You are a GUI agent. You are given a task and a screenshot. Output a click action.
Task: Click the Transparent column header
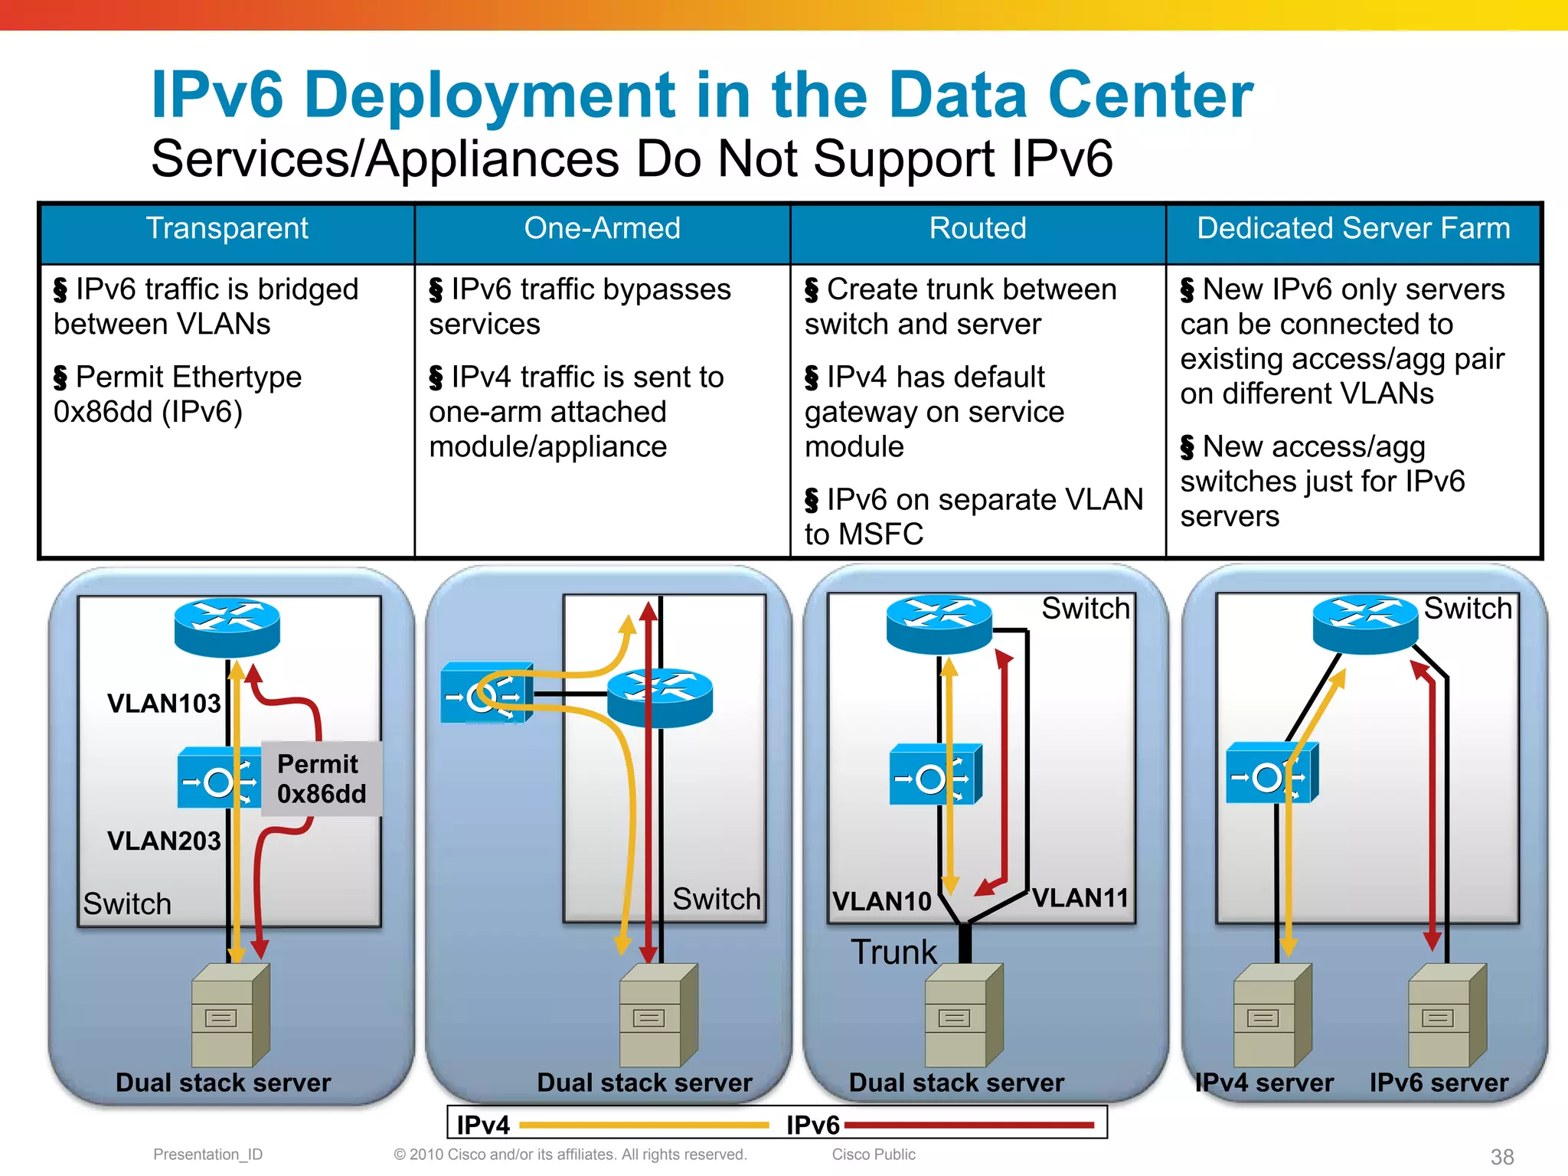227,229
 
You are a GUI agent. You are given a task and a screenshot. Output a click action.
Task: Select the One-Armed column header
602,229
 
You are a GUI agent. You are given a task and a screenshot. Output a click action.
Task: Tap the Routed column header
978,229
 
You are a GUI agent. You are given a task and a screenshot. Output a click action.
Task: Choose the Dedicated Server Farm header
1353,229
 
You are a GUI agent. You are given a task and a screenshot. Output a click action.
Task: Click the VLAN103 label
164,704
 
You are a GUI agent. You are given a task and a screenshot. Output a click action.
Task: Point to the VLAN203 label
164,841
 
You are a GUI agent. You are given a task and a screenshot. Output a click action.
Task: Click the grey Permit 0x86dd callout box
321,779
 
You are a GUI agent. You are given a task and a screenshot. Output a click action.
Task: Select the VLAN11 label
1080,898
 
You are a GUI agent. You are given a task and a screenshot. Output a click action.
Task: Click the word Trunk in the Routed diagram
893,952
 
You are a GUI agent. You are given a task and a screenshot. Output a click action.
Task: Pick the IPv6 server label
1439,1083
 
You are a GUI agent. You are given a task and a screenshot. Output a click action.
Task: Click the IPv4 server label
1265,1083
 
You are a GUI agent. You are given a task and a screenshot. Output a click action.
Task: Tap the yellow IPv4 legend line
644,1125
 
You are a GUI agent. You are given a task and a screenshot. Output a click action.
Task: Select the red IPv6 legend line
969,1125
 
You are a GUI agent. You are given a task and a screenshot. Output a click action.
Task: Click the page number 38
1502,1157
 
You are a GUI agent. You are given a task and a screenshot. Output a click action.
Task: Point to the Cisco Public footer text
874,1155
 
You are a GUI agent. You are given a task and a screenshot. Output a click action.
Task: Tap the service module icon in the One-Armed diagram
487,694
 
